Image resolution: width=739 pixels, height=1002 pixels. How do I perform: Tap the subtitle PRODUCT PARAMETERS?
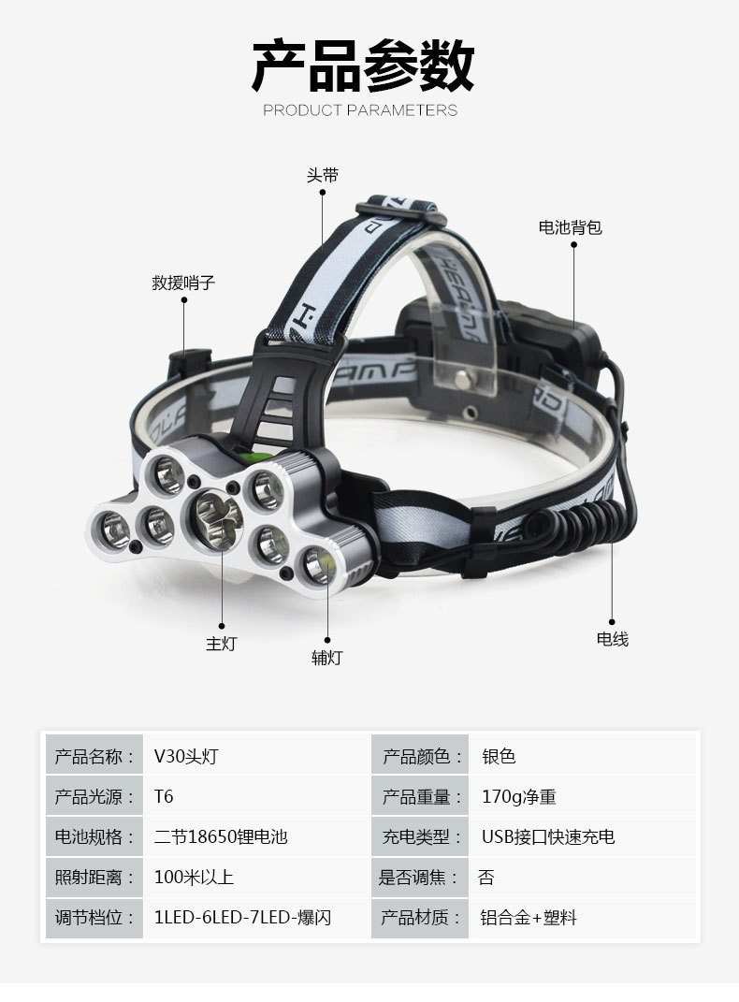click(x=360, y=110)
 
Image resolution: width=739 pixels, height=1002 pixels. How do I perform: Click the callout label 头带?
click(x=323, y=176)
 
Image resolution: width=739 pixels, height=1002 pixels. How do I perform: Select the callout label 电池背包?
click(x=570, y=227)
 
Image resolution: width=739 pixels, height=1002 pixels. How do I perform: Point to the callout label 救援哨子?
click(x=184, y=283)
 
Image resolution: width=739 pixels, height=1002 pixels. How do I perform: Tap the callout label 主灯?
click(x=222, y=644)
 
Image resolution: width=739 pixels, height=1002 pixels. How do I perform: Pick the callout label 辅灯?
click(x=326, y=658)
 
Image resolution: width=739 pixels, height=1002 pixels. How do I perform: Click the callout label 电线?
click(x=613, y=639)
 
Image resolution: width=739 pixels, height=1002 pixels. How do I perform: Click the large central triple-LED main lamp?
click(x=213, y=516)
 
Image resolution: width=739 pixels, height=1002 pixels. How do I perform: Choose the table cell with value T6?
click(x=165, y=797)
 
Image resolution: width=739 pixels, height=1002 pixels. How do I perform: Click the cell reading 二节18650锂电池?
click(x=221, y=837)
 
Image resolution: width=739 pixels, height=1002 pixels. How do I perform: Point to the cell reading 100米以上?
click(x=194, y=878)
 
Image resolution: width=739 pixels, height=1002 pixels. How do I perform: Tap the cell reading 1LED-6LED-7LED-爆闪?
click(x=242, y=918)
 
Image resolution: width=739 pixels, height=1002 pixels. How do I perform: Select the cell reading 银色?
click(x=499, y=757)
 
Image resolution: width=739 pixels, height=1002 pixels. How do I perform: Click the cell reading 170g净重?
click(x=519, y=797)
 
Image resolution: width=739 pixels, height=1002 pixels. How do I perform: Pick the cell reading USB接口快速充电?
click(x=548, y=837)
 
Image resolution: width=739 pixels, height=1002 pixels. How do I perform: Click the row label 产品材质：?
click(x=422, y=918)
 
